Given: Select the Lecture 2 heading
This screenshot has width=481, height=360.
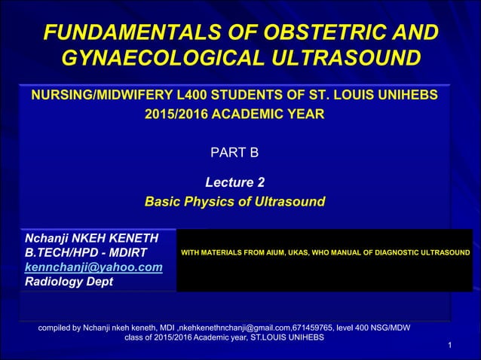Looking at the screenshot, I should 234,182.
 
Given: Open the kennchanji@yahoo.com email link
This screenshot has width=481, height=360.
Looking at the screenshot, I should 93,267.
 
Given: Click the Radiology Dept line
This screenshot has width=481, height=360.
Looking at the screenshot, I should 69,282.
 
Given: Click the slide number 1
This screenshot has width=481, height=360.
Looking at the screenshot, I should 449,345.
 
